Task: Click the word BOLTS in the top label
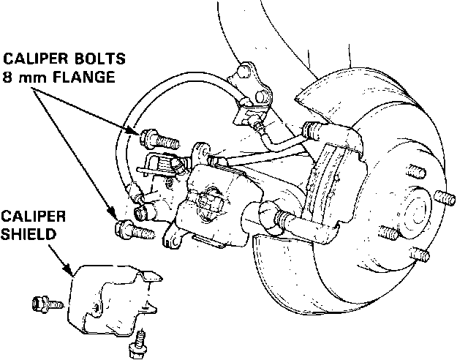click(99, 58)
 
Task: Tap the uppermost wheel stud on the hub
click(416, 173)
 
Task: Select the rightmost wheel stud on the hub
click(444, 198)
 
